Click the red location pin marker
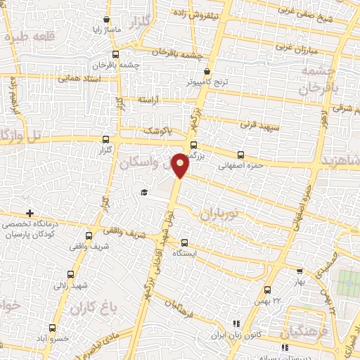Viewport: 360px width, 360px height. [x=181, y=165]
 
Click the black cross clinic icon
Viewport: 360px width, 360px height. [x=30, y=213]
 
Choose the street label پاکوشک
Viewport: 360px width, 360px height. [x=157, y=131]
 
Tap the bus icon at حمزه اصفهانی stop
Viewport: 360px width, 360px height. [x=241, y=155]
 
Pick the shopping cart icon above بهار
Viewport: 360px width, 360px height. [x=300, y=271]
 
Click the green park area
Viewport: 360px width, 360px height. [x=349, y=283]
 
